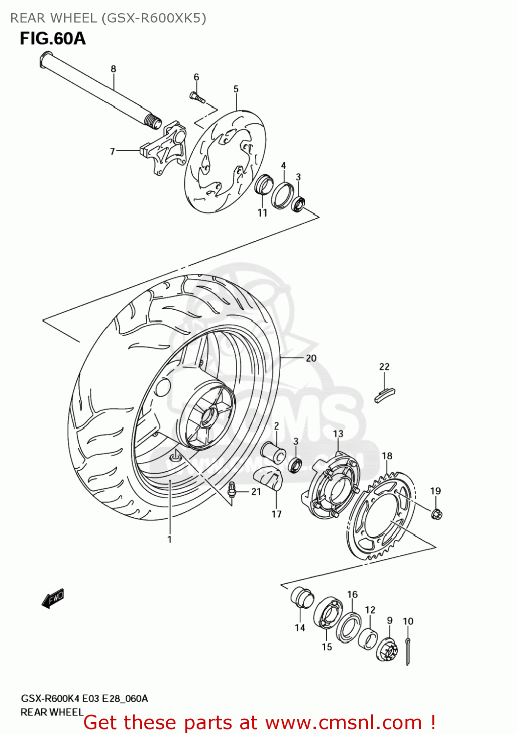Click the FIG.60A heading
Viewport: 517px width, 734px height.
tap(52, 39)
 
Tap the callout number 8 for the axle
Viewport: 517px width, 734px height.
tap(113, 69)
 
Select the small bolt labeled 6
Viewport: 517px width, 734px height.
tap(197, 97)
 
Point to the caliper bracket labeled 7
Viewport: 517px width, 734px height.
tap(164, 149)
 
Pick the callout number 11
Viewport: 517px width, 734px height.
tap(263, 213)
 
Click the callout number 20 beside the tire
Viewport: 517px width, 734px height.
tap(311, 358)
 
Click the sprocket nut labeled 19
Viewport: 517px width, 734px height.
tap(437, 514)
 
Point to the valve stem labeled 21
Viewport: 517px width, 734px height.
tap(232, 489)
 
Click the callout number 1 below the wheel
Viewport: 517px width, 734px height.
tap(169, 540)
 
